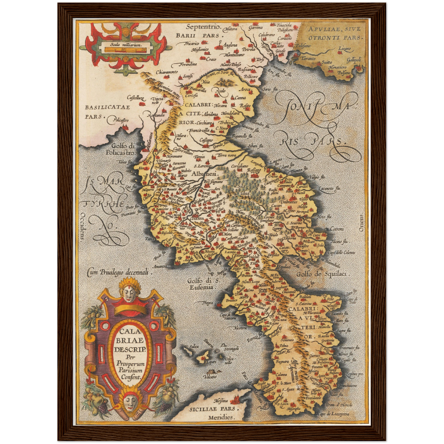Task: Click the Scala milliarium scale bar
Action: coord(126,49)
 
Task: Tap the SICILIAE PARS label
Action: coord(212,409)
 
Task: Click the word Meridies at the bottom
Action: coord(221,417)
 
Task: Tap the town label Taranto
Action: coord(307,58)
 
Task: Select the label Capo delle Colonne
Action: coord(341,253)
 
